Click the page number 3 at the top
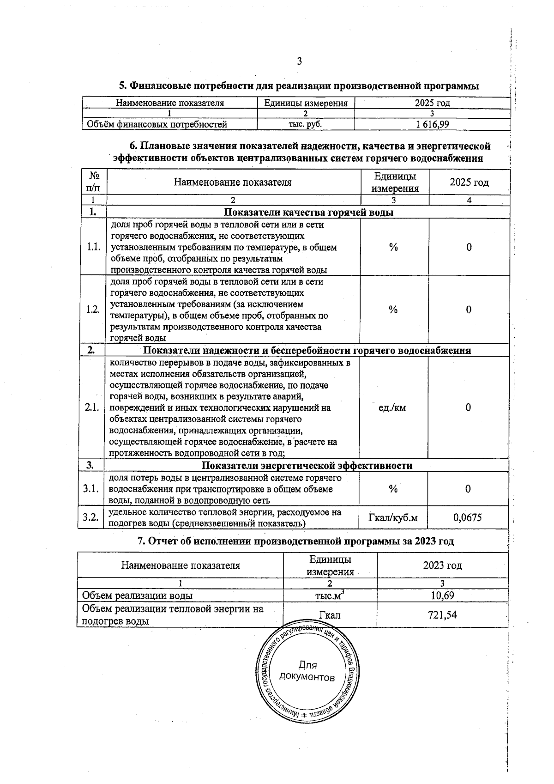[x=299, y=61]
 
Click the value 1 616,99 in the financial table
[x=432, y=124]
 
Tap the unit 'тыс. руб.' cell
[x=305, y=124]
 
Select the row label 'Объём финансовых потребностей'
[x=157, y=124]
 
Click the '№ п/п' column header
[x=92, y=182]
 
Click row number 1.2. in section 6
[x=93, y=310]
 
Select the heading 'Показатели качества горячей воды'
[x=308, y=213]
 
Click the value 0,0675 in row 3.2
[x=467, y=517]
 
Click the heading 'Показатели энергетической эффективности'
[x=307, y=465]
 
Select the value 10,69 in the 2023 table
[x=442, y=596]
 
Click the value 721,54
[x=442, y=615]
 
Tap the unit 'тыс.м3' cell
[x=330, y=596]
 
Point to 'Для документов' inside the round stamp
[x=307, y=671]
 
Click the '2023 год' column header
[x=442, y=565]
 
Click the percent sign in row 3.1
[x=393, y=489]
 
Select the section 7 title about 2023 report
[x=296, y=541]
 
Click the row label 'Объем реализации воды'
[x=137, y=596]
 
